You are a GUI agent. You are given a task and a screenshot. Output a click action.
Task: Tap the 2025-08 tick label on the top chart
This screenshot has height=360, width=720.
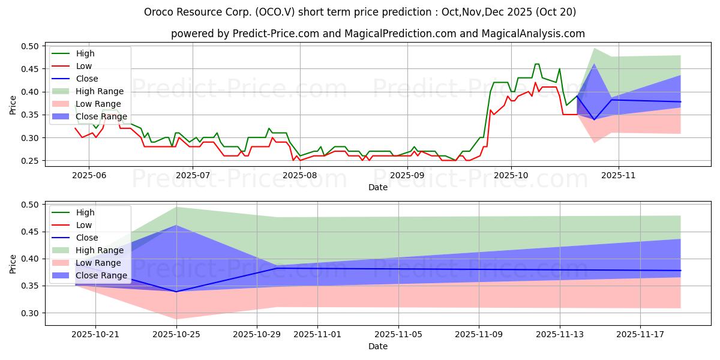click(x=299, y=175)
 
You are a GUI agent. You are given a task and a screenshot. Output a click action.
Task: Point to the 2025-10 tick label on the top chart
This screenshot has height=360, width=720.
click(x=511, y=175)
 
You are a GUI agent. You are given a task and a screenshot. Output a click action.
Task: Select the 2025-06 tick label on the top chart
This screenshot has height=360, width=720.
click(x=89, y=175)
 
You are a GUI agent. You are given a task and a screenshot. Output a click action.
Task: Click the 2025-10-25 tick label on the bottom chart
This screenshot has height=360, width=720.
click(x=176, y=334)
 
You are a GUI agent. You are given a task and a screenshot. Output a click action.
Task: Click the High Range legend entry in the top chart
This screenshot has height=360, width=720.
click(x=100, y=91)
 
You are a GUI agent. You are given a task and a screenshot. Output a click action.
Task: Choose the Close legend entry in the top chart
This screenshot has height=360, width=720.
click(x=87, y=79)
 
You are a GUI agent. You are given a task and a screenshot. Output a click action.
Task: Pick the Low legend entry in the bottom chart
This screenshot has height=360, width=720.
click(x=85, y=225)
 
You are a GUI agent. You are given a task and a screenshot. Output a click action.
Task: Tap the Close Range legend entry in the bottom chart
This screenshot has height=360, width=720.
click(x=101, y=275)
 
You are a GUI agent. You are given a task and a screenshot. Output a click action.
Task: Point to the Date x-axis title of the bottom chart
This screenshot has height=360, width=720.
click(x=378, y=346)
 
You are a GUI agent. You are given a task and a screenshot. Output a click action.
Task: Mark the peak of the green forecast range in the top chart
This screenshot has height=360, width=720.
click(x=594, y=48)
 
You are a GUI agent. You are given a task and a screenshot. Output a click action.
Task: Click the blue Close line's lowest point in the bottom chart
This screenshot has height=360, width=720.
click(x=176, y=292)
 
